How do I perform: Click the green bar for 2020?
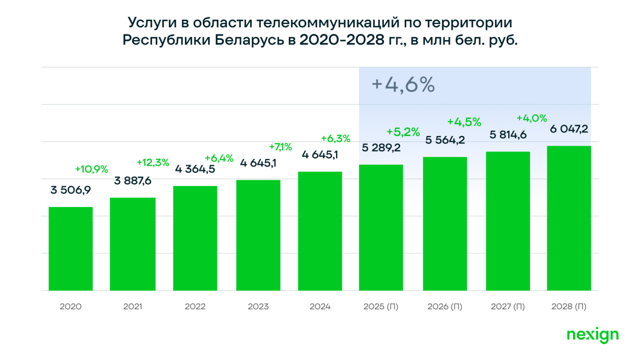(70, 249)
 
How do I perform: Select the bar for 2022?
(195, 238)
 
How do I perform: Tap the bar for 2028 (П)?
(569, 218)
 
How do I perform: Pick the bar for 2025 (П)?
(381, 228)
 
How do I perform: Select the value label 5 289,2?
(381, 148)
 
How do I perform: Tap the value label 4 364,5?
(196, 170)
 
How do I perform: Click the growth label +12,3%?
(153, 162)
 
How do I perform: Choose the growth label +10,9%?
(91, 169)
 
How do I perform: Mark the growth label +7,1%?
(281, 147)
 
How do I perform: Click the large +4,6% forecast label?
(403, 85)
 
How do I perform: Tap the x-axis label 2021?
(133, 307)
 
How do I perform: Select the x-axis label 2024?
(320, 307)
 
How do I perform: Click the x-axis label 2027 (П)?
(507, 307)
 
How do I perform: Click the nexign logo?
(592, 335)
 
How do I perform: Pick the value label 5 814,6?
(508, 135)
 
